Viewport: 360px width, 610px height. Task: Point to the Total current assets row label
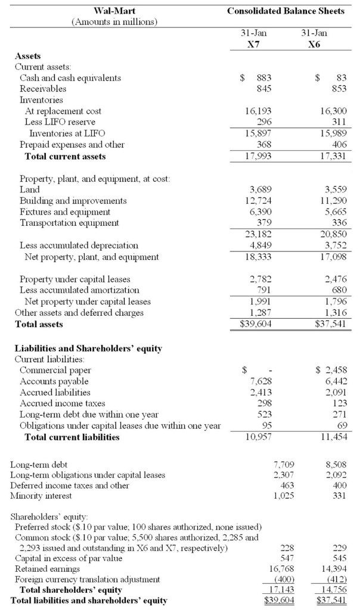[65, 156]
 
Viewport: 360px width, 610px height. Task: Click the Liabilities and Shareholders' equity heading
[88, 348]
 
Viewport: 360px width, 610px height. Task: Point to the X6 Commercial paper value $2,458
[331, 370]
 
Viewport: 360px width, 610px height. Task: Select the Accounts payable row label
[54, 381]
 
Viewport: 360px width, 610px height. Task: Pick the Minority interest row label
[41, 496]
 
